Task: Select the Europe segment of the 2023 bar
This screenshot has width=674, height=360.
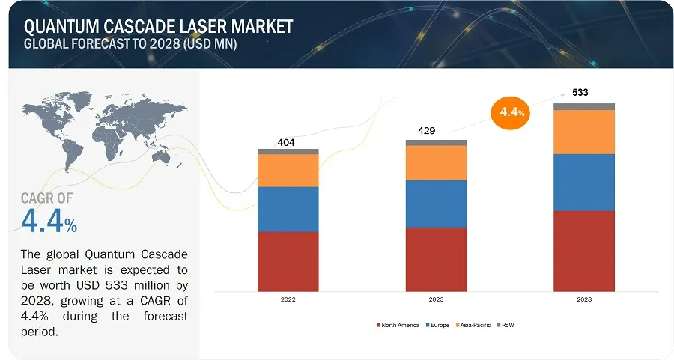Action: (x=436, y=203)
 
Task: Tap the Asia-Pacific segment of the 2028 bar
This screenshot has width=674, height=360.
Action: (x=584, y=132)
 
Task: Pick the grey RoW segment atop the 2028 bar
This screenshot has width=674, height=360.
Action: (x=584, y=106)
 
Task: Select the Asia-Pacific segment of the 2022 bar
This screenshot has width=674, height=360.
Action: (x=288, y=170)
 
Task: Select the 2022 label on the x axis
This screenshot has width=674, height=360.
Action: (x=288, y=299)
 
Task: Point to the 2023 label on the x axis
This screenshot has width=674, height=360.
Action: (x=436, y=299)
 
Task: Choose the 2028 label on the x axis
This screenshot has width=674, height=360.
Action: (x=584, y=299)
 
